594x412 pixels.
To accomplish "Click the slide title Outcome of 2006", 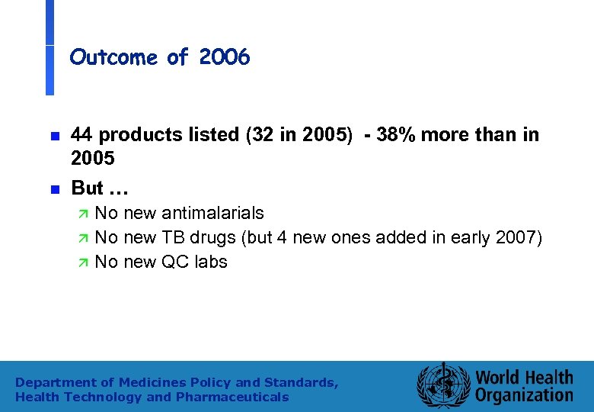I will point(159,57).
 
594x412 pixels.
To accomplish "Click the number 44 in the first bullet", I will point(82,135).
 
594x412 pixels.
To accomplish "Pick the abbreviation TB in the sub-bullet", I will point(172,237).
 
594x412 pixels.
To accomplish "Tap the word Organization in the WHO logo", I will point(524,395).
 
